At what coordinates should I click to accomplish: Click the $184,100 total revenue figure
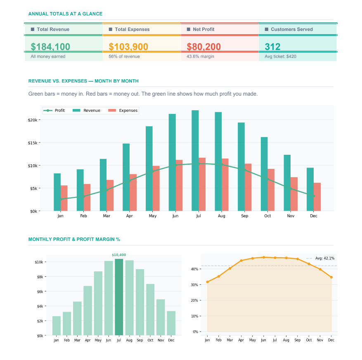point(50,47)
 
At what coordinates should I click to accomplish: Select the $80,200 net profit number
point(204,47)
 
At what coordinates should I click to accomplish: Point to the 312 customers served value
point(272,47)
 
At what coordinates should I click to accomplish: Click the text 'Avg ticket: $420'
point(280,57)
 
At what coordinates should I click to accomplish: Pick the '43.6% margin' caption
point(200,57)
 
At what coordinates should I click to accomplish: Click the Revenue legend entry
point(88,111)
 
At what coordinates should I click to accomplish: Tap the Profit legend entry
point(55,111)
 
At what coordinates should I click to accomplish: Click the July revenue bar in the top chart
point(195,161)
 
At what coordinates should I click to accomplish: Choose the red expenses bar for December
point(317,197)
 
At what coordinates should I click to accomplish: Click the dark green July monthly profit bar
point(119,297)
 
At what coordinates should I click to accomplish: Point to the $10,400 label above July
point(119,255)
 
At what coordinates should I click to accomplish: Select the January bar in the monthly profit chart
point(57,325)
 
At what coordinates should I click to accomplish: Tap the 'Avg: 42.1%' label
point(324,258)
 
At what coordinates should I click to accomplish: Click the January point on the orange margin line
point(207,282)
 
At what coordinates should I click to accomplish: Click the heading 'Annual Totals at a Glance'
point(65,14)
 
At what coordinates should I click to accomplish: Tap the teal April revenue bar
point(126,177)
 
